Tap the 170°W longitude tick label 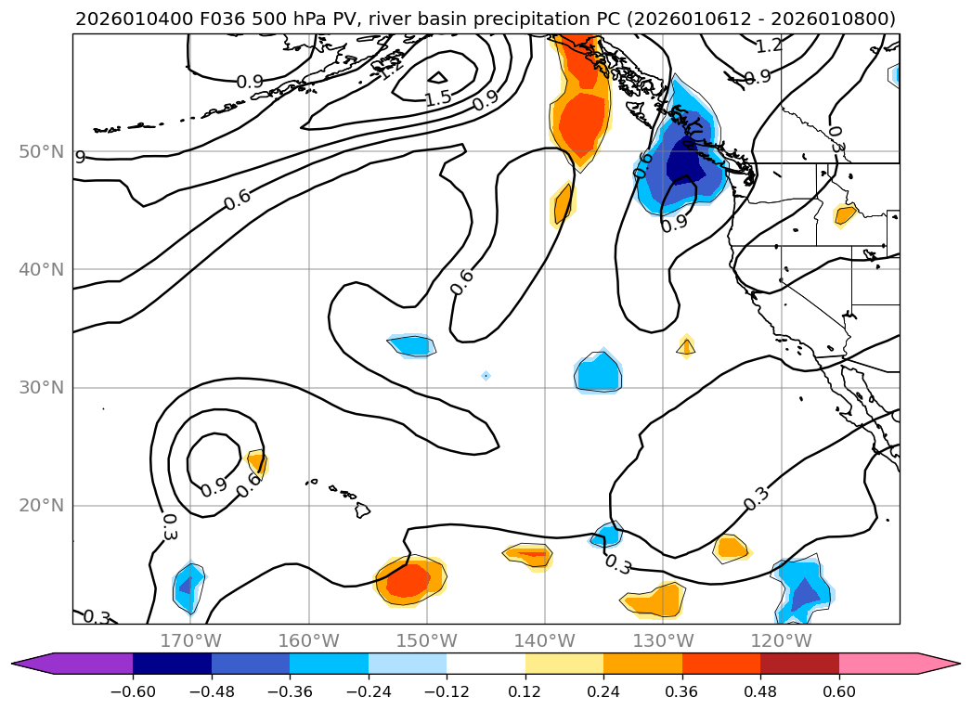coord(190,640)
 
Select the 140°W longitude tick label coord(545,640)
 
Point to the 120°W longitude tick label coord(781,640)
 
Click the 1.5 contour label coord(438,97)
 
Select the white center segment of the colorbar coord(486,664)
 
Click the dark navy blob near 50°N coord(685,163)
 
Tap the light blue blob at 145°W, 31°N coord(486,376)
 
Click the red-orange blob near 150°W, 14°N coord(408,581)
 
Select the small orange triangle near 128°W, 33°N coord(686,347)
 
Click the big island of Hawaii coord(362,510)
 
